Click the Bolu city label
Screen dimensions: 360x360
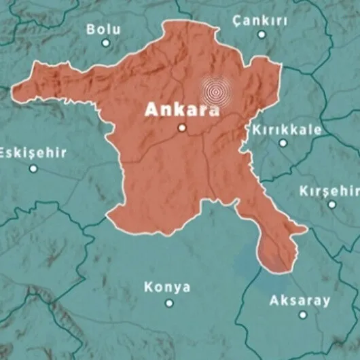click(x=103, y=29)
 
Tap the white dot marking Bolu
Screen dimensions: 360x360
click(x=106, y=43)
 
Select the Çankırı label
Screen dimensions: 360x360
click(x=259, y=21)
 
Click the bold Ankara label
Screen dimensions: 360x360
click(x=182, y=109)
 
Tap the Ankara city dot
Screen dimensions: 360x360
click(x=181, y=128)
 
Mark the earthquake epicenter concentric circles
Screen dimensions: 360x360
click(x=216, y=90)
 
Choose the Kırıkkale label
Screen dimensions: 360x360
click(x=283, y=128)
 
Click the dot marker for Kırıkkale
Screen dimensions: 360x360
click(x=283, y=143)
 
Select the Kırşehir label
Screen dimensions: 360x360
click(x=329, y=191)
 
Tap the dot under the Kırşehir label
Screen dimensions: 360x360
click(x=332, y=204)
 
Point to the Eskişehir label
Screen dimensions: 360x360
click(x=33, y=153)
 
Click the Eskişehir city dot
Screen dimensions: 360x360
click(x=32, y=168)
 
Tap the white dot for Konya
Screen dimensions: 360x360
click(x=168, y=304)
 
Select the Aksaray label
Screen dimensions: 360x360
click(x=300, y=300)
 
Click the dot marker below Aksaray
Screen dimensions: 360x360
click(x=303, y=314)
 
